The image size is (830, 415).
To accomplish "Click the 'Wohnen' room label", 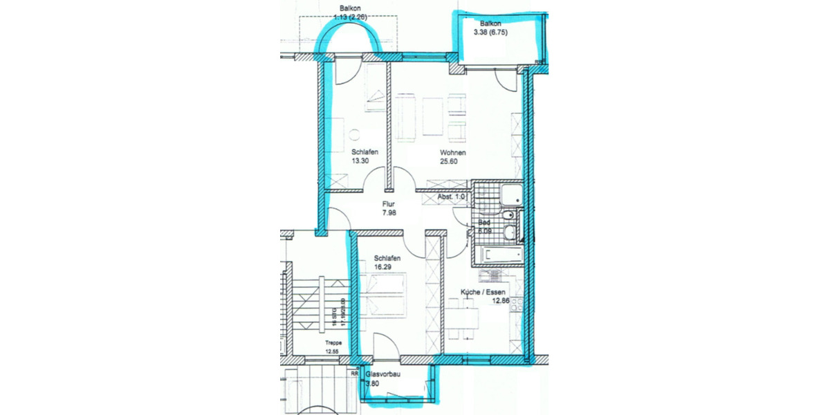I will pos(452,153).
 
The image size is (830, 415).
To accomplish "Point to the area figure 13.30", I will pos(360,162).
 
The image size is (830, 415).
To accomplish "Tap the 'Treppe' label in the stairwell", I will pos(334,342).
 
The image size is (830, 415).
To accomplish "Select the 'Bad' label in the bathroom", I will pos(484,223).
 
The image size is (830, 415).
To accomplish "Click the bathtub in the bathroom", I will pos(497,255).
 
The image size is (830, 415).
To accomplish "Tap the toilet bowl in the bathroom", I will pos(510,216).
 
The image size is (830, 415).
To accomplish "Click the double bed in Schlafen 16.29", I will pos(385,293).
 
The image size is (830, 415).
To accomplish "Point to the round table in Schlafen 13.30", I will pos(355,136).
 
